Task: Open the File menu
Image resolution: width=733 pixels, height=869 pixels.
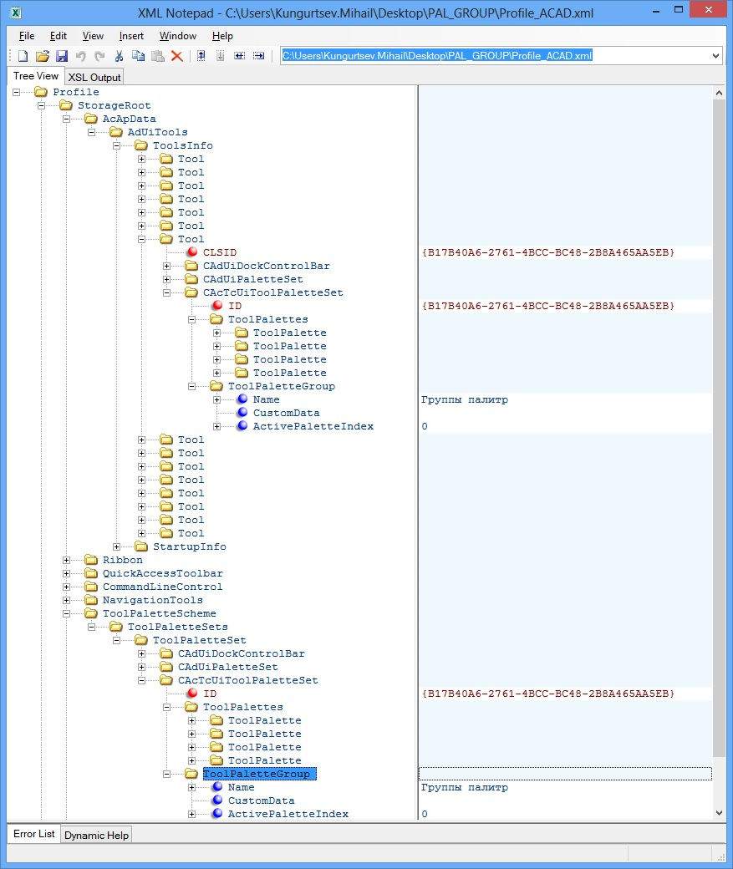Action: point(27,36)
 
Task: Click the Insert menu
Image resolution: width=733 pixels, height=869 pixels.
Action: point(131,36)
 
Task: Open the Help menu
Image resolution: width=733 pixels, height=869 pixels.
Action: point(222,36)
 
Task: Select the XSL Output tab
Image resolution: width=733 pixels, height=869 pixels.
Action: point(94,77)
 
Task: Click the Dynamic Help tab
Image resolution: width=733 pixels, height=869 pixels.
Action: point(96,835)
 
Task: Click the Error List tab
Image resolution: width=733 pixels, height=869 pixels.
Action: point(34,834)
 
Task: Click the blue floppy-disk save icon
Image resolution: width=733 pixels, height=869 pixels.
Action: point(61,56)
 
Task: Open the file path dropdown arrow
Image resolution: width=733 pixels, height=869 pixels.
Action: point(715,56)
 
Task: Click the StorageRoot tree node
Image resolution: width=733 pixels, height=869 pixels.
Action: point(114,105)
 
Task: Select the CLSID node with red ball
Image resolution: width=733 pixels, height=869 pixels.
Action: point(219,252)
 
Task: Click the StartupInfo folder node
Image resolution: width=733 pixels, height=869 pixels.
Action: point(189,546)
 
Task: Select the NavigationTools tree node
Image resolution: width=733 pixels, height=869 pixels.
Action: point(152,600)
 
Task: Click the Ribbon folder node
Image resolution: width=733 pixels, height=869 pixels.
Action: point(122,560)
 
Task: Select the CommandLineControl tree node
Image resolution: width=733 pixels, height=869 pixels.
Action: point(162,587)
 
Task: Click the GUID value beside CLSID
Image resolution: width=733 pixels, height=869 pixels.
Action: point(548,252)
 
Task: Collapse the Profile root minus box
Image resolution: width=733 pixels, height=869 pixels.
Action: point(17,92)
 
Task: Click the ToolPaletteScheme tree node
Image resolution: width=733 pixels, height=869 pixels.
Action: point(159,613)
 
